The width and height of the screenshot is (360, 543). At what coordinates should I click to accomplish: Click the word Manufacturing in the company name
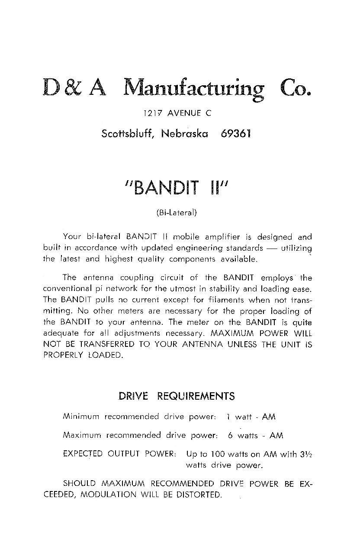193,88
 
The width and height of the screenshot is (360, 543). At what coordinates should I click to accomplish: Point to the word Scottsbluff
128,133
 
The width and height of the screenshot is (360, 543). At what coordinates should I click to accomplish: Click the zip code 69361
235,133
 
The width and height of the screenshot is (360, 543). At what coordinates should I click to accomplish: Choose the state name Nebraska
184,133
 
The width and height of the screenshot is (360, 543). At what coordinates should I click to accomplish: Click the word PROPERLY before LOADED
64,356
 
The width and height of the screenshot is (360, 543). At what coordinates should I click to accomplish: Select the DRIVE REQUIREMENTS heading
177,396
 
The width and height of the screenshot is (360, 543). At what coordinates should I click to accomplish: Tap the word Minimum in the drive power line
81,417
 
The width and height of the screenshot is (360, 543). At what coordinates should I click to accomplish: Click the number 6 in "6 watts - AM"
230,436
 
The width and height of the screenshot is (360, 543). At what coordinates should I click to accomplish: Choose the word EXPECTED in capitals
83,454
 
